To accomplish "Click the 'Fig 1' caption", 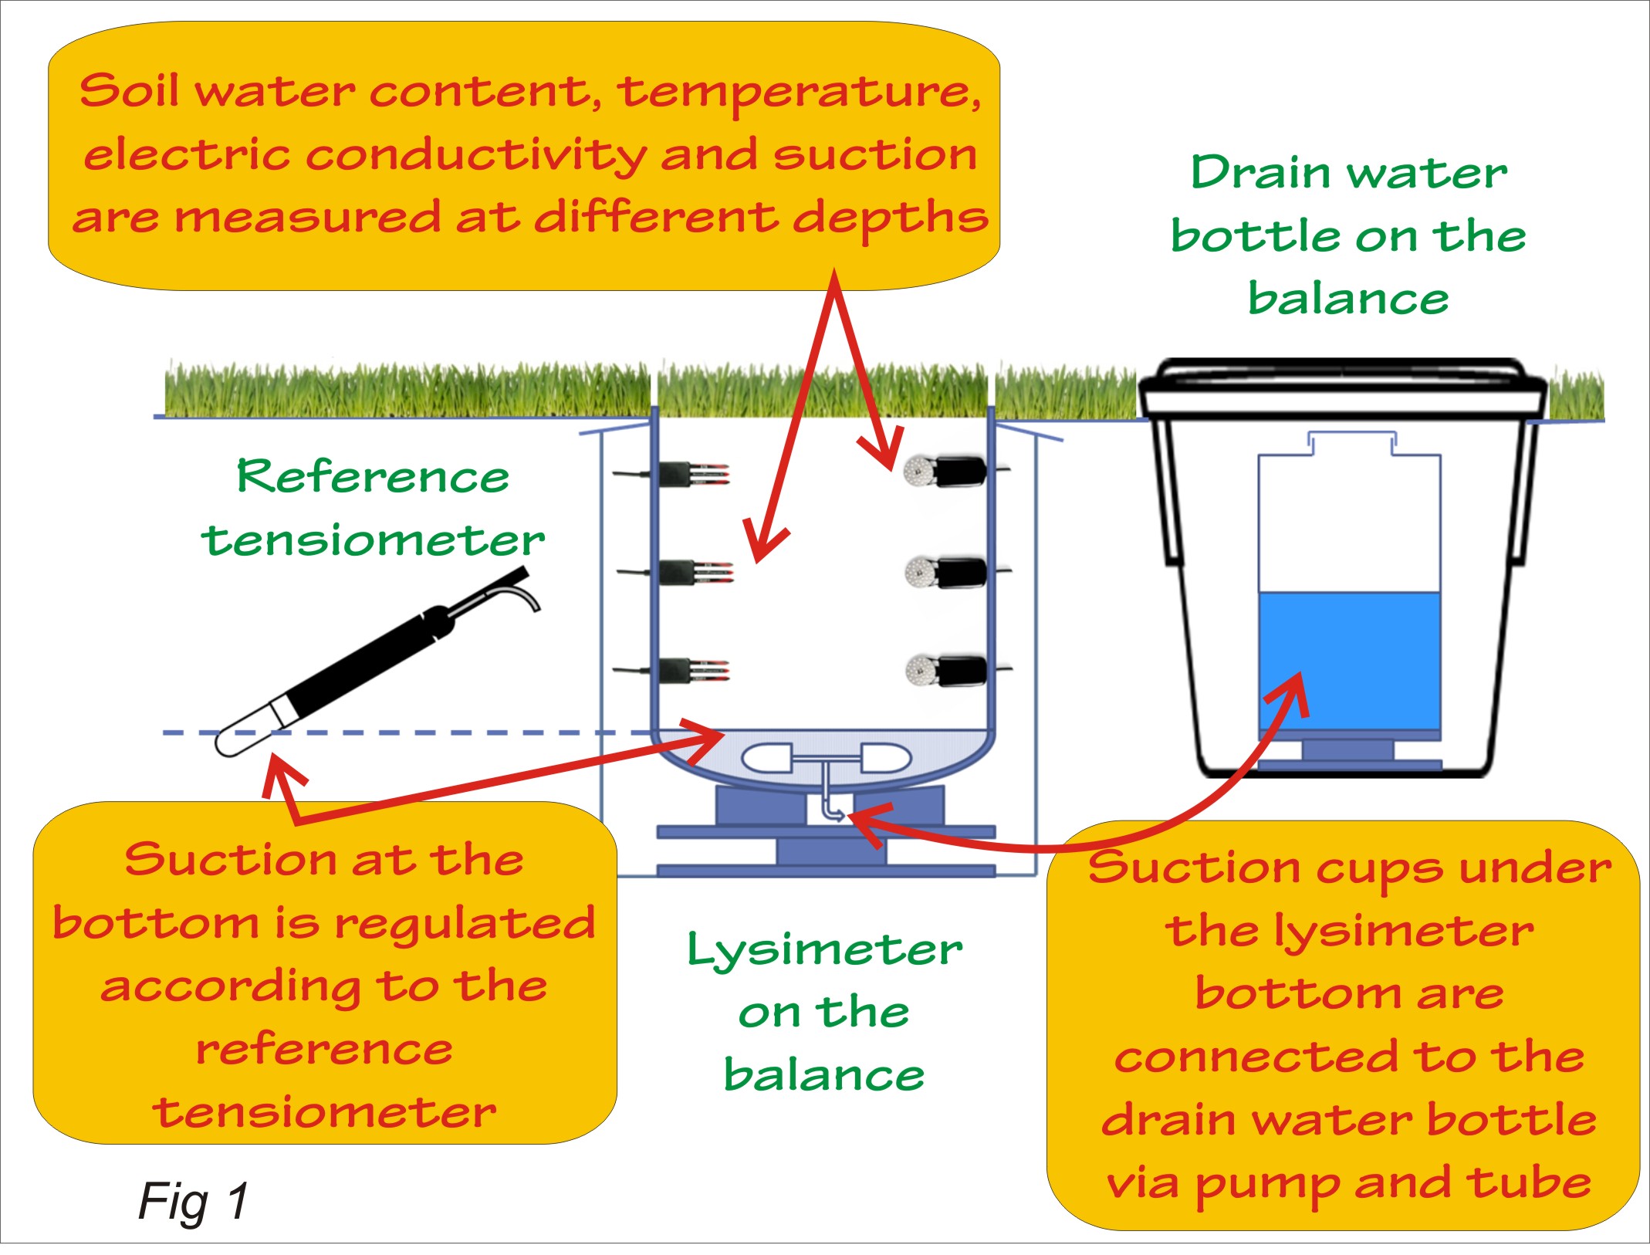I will (x=193, y=1201).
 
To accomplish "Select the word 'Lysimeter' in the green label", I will (x=824, y=949).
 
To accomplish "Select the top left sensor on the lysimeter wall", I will (x=687, y=474).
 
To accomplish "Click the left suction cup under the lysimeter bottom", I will (x=766, y=758).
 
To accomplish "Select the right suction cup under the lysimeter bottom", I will (x=885, y=757).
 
